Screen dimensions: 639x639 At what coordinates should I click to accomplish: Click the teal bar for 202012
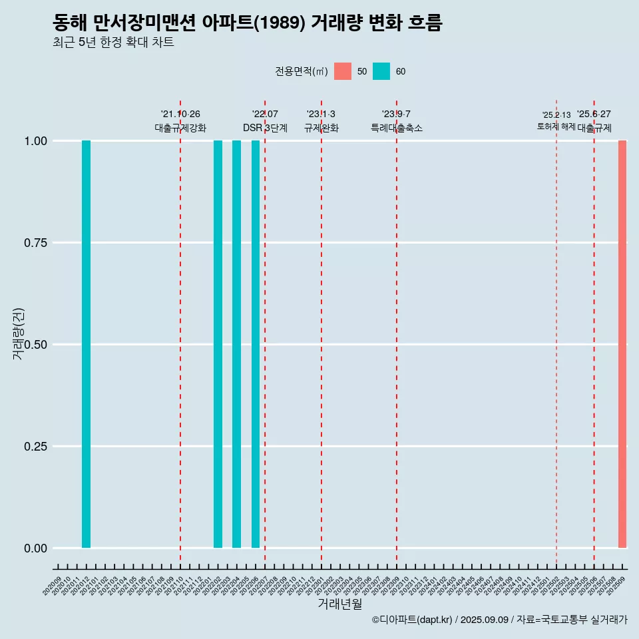[86, 344]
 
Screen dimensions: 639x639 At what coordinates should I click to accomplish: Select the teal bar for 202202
[218, 344]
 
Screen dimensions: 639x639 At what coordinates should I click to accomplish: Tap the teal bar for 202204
[236, 344]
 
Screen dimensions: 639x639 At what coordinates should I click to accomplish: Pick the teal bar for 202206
[256, 344]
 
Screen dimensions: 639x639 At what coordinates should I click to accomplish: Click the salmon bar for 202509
[622, 344]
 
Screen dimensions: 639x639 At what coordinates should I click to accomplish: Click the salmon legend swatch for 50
[343, 71]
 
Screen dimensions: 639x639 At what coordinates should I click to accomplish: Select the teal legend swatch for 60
[381, 71]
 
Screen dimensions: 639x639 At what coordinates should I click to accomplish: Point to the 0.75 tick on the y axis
[34, 242]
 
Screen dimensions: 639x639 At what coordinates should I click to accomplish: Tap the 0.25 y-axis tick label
[34, 446]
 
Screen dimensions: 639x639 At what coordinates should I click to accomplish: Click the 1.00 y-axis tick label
[34, 140]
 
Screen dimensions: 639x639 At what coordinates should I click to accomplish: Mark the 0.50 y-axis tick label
[34, 344]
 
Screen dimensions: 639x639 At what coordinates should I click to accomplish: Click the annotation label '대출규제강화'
[180, 128]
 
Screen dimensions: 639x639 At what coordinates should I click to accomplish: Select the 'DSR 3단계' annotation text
[265, 128]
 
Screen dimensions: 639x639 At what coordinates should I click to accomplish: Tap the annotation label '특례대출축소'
[397, 128]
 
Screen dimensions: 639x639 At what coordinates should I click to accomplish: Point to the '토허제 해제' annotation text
[556, 126]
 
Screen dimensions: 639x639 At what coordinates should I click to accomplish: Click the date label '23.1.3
[321, 114]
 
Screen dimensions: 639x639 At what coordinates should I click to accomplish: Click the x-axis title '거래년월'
[340, 604]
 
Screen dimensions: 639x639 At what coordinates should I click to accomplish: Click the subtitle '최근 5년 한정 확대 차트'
[113, 43]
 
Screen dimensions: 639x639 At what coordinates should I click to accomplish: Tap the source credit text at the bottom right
[499, 620]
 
